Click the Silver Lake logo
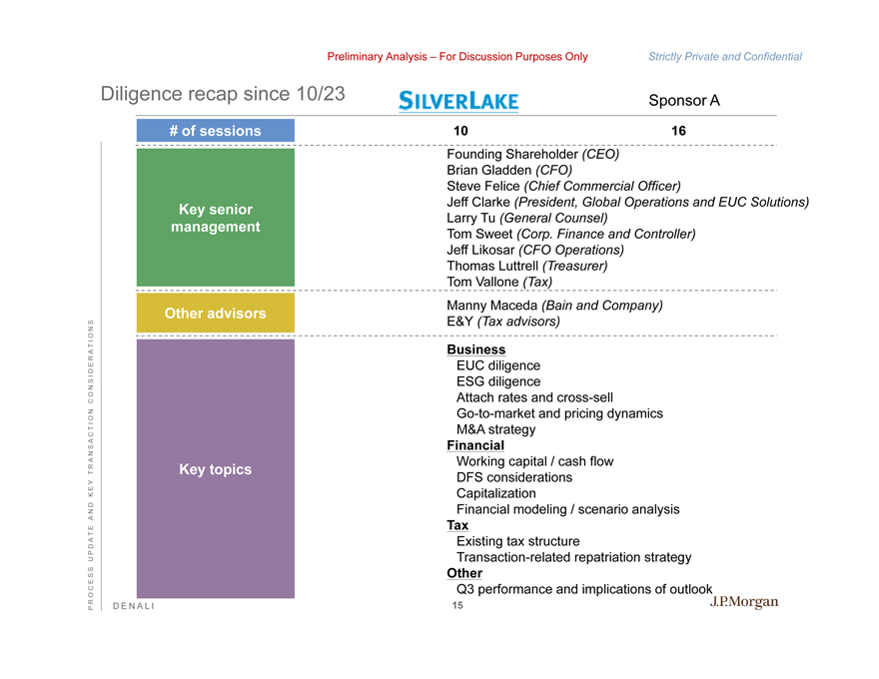458,101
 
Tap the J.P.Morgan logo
743,601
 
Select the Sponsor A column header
684,101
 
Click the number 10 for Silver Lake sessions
460,131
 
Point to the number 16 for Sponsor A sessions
679,131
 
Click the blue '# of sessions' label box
215,131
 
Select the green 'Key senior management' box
215,218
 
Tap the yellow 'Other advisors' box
215,313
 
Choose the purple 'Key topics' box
215,469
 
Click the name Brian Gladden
485,171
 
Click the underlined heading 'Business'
475,350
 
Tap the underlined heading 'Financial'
475,445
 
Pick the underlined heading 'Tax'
457,525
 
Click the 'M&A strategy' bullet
495,429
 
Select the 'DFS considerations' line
513,477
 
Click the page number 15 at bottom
457,606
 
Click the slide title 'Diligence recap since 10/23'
223,95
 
